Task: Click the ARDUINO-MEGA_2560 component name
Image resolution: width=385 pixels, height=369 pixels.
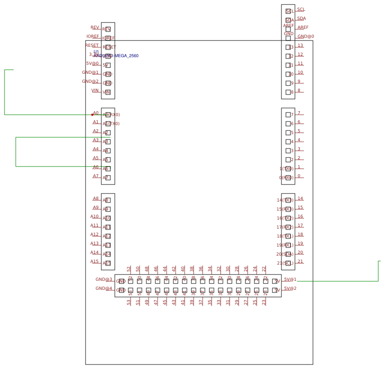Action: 116,56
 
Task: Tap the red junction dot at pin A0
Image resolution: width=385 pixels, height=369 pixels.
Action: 92,115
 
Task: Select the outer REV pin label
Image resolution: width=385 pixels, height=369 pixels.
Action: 95,27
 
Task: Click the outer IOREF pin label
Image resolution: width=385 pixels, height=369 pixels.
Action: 93,36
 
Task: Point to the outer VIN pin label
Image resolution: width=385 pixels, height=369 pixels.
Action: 95,90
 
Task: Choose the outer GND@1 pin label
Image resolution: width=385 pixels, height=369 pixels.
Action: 90,72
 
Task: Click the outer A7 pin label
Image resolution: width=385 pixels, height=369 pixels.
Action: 96,176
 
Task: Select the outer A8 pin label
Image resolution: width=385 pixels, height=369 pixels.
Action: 96,198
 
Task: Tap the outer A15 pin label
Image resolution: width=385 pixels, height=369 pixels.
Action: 95,261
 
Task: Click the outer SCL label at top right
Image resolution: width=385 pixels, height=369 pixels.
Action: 301,9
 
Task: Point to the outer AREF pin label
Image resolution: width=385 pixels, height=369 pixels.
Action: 303,27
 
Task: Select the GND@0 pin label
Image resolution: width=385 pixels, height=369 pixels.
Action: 306,36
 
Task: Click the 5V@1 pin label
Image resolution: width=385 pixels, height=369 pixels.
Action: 290,279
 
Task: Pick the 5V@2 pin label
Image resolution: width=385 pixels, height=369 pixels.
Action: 290,288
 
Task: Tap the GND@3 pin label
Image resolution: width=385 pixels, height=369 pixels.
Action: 104,279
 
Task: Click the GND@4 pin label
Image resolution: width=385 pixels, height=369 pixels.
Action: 104,288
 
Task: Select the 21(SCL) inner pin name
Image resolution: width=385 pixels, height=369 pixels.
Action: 285,263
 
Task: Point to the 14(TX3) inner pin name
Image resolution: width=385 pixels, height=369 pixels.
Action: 285,200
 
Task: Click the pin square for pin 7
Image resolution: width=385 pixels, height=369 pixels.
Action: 288,115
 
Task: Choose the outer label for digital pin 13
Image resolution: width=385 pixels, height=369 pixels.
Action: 300,45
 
